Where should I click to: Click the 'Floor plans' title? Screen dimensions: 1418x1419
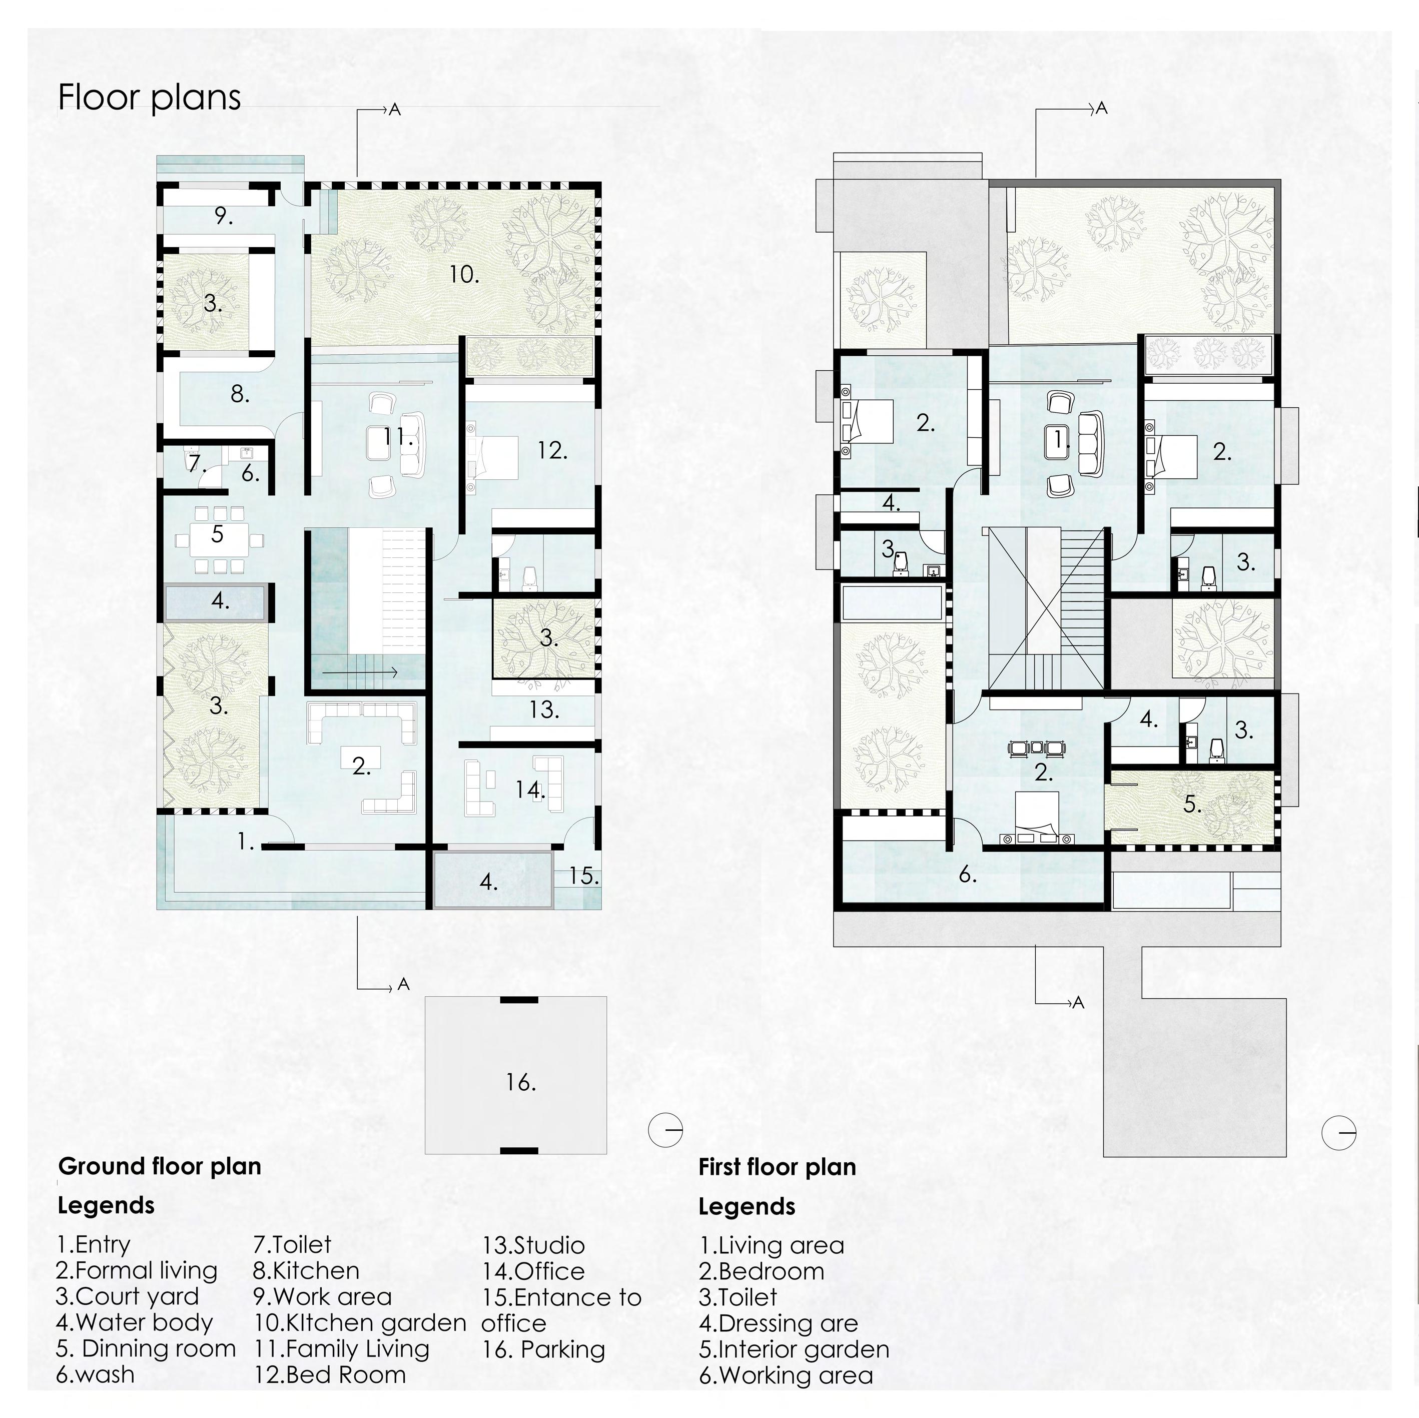coord(149,98)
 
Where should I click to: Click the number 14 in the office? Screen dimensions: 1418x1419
coord(529,790)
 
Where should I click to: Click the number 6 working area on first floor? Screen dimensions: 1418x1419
coord(967,875)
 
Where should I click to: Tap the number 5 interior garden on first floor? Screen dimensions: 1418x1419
coord(1192,805)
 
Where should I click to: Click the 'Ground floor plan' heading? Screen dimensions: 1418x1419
coord(160,1166)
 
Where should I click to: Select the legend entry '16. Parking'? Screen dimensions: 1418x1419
coord(543,1349)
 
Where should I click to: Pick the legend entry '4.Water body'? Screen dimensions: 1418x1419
coord(135,1322)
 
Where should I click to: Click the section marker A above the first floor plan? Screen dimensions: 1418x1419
coord(1100,109)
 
